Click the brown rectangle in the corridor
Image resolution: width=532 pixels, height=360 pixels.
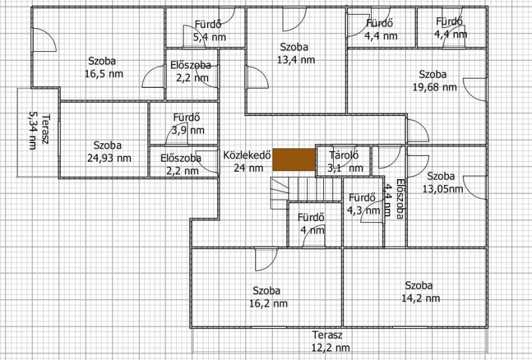294,160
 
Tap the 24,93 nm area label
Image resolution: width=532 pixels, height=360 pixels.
109,158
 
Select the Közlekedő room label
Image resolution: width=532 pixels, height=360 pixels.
247,155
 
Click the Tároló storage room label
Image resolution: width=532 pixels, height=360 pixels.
344,155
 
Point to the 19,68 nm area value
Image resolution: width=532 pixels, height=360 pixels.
435,87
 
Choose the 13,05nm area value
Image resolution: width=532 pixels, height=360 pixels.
443,189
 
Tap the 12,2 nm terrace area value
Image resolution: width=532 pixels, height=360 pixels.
331,348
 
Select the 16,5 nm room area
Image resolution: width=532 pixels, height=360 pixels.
104,74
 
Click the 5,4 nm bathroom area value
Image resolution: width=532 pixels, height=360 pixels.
209,37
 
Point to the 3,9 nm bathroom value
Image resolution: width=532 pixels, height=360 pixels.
188,130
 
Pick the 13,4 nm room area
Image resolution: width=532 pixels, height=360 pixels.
296,60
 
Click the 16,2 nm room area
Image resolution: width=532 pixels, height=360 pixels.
269,303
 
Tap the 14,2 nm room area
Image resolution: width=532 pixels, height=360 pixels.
421,299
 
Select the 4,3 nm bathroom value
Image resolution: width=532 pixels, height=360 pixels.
363,210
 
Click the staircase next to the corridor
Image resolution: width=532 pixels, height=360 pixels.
306,193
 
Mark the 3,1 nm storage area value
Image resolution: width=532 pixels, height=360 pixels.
345,168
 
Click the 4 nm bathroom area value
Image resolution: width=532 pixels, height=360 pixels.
312,230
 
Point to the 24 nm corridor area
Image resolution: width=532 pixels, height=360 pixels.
248,168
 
